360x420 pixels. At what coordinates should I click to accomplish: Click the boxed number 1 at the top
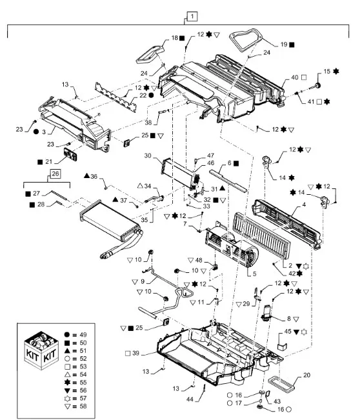click(192, 17)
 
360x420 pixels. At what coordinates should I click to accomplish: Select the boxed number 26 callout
click(55, 174)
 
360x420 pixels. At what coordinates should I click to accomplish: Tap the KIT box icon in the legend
click(41, 350)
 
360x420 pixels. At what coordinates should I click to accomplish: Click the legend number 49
click(83, 335)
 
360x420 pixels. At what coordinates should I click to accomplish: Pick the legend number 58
click(83, 406)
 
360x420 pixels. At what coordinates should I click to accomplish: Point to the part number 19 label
click(284, 45)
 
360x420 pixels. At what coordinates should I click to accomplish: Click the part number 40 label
click(295, 77)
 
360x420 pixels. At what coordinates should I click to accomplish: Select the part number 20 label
click(306, 375)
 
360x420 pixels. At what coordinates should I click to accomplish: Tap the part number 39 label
click(135, 353)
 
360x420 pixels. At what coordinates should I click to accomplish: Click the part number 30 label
click(148, 155)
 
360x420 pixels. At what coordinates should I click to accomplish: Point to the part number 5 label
click(254, 274)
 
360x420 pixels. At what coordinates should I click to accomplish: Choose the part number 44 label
click(190, 399)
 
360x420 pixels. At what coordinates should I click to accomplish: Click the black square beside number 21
click(40, 162)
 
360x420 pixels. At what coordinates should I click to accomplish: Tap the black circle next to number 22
click(152, 95)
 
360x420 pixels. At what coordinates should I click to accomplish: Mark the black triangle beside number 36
click(86, 175)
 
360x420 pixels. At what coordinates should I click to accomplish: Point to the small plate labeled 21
click(70, 154)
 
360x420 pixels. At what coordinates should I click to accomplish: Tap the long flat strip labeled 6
click(228, 181)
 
